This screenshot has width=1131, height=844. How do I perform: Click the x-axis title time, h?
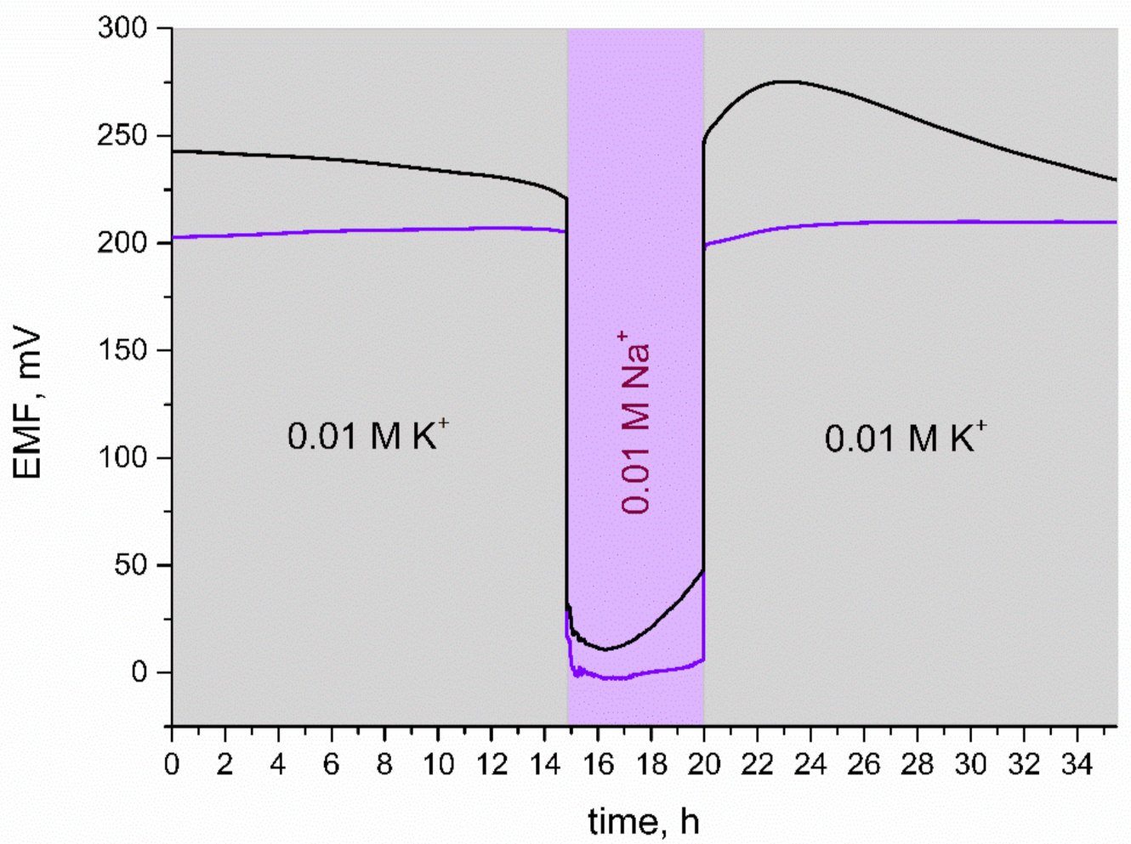coord(644,821)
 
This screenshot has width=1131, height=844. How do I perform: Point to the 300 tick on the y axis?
coord(122,28)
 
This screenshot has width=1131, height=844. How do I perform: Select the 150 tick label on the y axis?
coord(122,350)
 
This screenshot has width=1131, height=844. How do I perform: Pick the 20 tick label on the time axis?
coord(703,764)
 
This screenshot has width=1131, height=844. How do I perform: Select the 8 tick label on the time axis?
coord(384,764)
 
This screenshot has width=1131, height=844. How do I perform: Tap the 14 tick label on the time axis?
coord(544,764)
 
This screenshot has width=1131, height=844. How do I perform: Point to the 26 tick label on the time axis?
coord(863,764)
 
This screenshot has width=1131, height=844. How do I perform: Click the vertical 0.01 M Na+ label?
coord(635,422)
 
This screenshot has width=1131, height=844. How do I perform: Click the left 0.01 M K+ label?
coord(367,435)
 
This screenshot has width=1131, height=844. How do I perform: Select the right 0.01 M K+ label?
coord(905,438)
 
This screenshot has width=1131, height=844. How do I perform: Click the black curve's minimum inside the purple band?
coord(605,649)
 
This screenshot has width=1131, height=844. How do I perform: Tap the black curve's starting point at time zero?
coord(173,151)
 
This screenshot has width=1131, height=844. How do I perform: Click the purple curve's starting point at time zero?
coord(173,237)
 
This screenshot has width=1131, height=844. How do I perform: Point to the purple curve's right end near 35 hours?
coord(1115,222)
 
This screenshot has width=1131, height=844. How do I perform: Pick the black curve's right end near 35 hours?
coord(1115,179)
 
